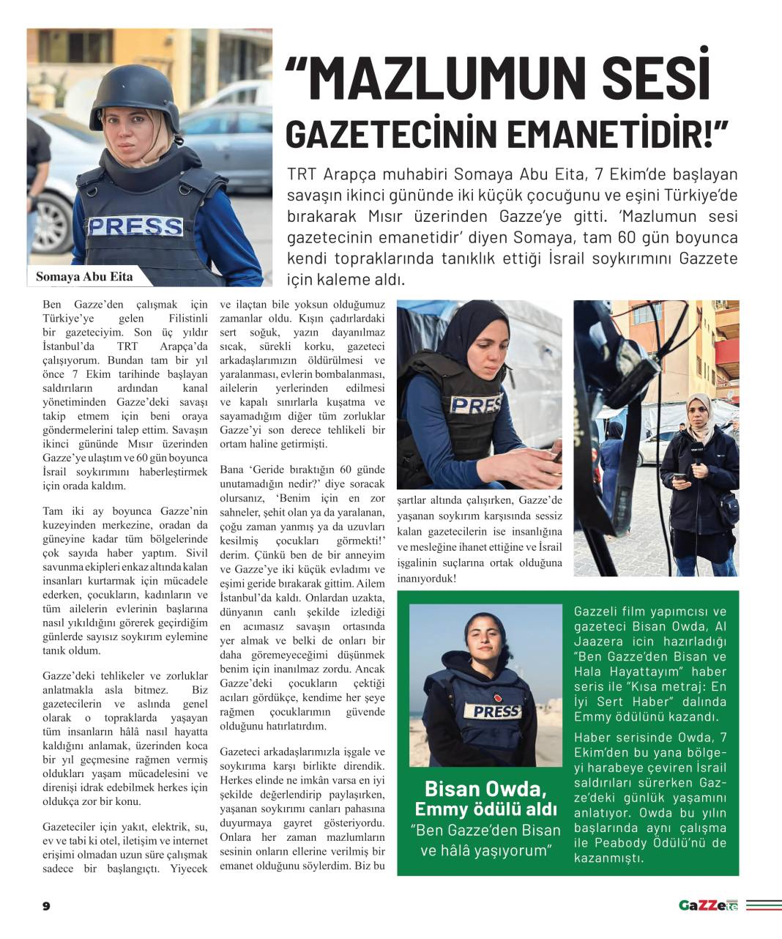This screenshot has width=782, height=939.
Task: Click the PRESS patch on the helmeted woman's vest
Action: tap(135, 226)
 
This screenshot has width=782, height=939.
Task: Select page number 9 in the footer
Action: tap(46, 906)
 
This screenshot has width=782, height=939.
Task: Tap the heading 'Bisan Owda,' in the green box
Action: tap(485, 789)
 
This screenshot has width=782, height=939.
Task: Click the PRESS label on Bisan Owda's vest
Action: tap(496, 710)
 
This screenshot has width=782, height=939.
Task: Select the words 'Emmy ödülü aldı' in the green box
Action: tap(485, 809)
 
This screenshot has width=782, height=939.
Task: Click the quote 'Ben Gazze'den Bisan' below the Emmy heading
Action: tap(485, 830)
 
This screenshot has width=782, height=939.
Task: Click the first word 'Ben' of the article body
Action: tap(52, 305)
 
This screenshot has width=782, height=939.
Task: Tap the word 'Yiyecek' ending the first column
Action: tap(189, 868)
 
